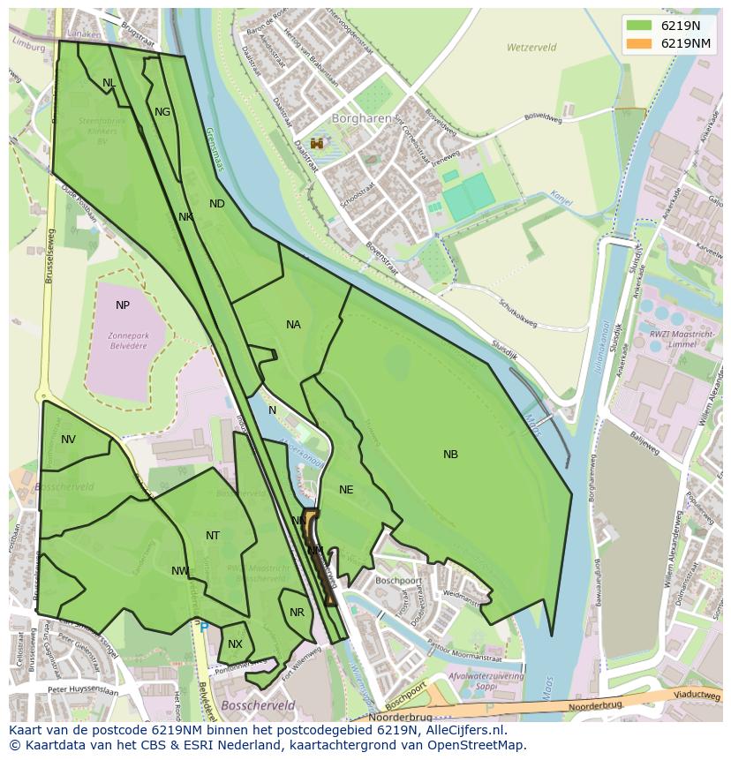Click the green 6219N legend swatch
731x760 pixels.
(x=640, y=26)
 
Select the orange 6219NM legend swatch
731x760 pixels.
(x=640, y=43)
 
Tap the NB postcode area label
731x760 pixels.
(x=450, y=455)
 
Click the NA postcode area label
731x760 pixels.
(x=293, y=325)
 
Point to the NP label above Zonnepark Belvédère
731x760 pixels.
(x=123, y=305)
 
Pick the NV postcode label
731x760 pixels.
(x=68, y=440)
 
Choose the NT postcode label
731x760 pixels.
(x=213, y=536)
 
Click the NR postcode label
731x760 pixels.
(x=297, y=613)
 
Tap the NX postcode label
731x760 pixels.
(x=235, y=644)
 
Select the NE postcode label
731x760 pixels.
(x=346, y=490)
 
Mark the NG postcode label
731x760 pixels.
(x=162, y=112)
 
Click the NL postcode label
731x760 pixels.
(x=109, y=83)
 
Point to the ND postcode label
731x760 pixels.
(x=217, y=204)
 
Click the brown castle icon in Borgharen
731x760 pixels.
(x=317, y=143)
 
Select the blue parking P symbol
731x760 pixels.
(x=204, y=627)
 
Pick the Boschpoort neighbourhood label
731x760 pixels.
(x=396, y=581)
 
